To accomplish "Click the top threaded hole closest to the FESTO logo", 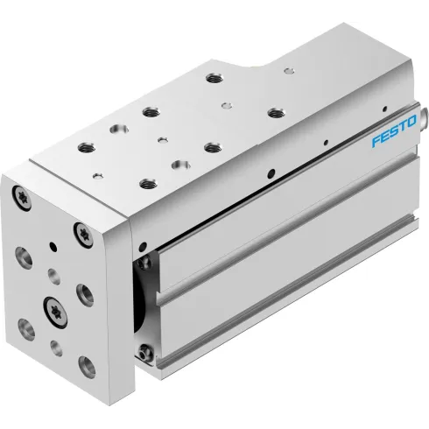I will (275, 111).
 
